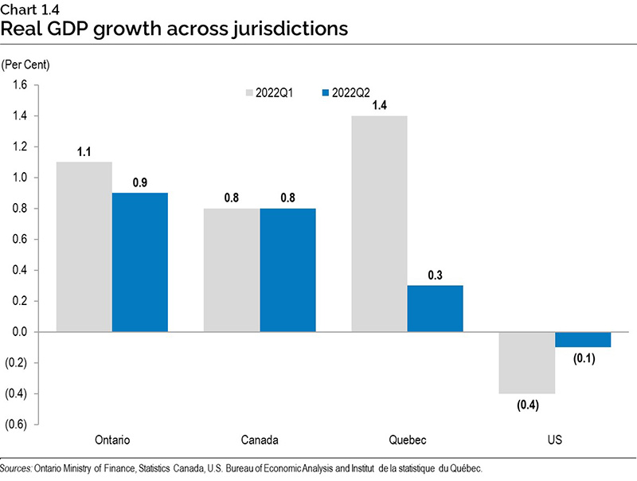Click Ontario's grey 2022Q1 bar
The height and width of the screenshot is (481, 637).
[x=84, y=247]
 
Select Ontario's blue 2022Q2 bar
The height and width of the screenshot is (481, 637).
[x=139, y=262]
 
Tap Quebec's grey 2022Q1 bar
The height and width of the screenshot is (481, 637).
[x=379, y=224]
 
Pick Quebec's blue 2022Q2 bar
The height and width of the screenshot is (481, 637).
[x=435, y=308]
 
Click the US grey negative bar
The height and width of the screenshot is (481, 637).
[x=526, y=362]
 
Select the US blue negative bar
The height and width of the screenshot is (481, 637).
[x=582, y=339]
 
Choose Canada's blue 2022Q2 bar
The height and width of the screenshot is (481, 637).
[x=287, y=270]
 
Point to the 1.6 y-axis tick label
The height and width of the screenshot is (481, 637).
[x=18, y=85]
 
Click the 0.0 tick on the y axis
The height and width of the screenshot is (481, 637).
[x=18, y=332]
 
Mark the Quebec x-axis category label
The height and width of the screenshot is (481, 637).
[x=407, y=440]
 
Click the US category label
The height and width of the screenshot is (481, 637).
[x=554, y=440]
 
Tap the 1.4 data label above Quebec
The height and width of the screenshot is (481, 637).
[x=379, y=103]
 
